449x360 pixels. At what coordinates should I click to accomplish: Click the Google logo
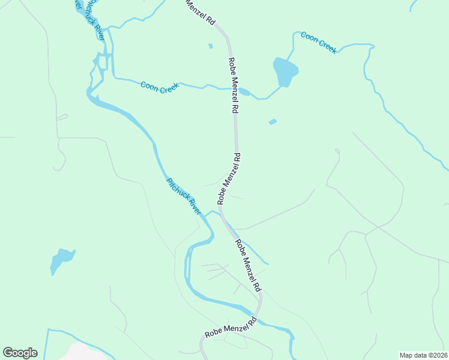point(20,353)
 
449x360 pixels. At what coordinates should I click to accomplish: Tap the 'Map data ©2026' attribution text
point(423,355)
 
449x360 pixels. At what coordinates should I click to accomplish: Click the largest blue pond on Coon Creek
point(285,71)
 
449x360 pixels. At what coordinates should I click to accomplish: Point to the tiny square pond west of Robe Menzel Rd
point(210,46)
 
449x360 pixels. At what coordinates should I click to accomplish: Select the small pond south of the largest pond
point(273,122)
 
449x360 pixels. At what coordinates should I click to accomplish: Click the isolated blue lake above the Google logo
point(62,260)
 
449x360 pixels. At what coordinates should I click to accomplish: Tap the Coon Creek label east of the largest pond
point(319,43)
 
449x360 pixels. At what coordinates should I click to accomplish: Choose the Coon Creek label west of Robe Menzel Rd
point(159,88)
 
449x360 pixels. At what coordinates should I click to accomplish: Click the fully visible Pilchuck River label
point(184,197)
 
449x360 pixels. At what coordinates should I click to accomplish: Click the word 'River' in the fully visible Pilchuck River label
point(193,207)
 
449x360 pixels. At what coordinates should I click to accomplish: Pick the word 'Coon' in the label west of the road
point(149,85)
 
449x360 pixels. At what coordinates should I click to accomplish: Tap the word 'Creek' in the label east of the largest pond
point(327,46)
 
